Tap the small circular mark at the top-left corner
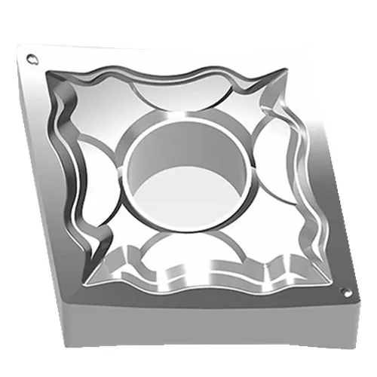point(31,58)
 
